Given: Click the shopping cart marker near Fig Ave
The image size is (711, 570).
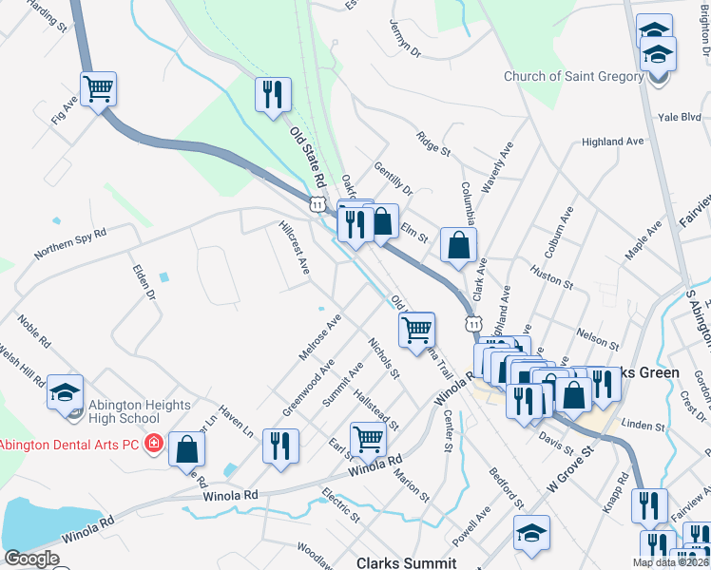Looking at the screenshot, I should pyautogui.click(x=99, y=90).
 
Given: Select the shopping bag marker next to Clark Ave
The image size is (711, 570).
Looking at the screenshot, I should pyautogui.click(x=458, y=246).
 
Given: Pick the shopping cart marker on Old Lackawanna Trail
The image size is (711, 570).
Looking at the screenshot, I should pyautogui.click(x=416, y=331).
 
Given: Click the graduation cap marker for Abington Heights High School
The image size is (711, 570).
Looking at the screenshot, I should pyautogui.click(x=65, y=393).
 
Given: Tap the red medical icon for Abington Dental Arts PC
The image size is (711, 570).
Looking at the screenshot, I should pyautogui.click(x=152, y=444).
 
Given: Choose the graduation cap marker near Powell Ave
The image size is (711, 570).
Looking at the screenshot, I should pyautogui.click(x=531, y=534).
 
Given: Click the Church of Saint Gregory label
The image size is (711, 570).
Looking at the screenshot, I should pyautogui.click(x=573, y=77).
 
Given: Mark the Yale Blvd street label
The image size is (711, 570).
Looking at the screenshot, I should pyautogui.click(x=679, y=118).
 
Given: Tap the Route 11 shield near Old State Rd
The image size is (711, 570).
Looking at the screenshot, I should pyautogui.click(x=316, y=202).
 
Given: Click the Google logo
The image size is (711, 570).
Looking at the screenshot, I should pyautogui.click(x=31, y=559).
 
